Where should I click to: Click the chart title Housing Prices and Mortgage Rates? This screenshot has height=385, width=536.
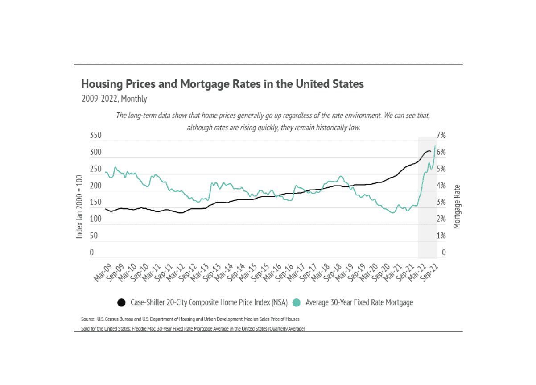click(x=222, y=84)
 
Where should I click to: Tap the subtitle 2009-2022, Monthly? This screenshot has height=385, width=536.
click(x=114, y=99)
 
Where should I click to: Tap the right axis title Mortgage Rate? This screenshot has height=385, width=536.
click(x=457, y=207)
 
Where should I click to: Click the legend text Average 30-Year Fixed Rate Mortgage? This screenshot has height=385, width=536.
click(x=359, y=302)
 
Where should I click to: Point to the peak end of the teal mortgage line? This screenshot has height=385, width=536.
click(x=435, y=146)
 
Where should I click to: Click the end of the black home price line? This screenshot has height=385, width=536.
click(x=430, y=152)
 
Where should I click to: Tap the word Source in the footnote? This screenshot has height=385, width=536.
click(x=87, y=320)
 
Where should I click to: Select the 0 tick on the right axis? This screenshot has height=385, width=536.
click(x=444, y=253)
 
